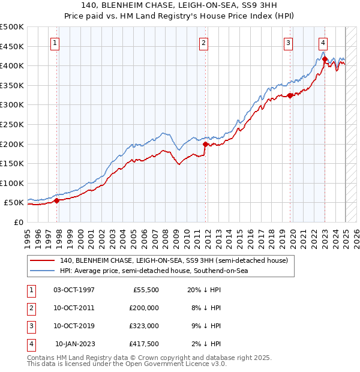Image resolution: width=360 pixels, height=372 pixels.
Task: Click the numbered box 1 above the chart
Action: point(55,43)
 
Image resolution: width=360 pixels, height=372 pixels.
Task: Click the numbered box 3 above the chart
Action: point(289,43)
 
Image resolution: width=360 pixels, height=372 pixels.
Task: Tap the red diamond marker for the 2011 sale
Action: point(205,144)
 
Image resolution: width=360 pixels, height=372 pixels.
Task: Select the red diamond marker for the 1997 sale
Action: point(57,201)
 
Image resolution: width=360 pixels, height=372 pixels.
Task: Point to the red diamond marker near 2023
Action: point(325,59)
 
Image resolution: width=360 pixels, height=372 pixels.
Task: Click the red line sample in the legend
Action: point(43,260)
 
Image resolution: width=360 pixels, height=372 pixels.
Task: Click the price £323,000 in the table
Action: point(145,325)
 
